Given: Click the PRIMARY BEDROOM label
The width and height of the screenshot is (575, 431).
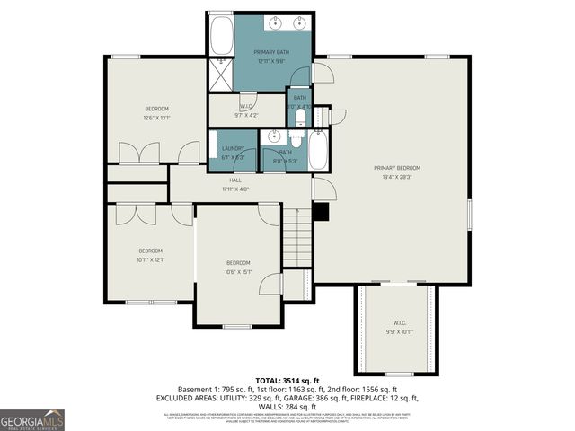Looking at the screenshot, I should point(396,168).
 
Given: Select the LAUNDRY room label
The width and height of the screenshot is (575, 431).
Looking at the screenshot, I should point(233,148).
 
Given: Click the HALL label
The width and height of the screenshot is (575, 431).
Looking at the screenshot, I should point(234,180).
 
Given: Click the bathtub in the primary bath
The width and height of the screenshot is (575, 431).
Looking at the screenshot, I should point(221,38).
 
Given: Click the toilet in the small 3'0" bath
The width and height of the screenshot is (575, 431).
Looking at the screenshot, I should point(299,114).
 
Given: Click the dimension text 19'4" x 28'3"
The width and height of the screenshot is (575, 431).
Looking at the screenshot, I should point(396,177).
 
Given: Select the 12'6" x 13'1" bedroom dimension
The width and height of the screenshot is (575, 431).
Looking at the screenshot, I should point(156,118).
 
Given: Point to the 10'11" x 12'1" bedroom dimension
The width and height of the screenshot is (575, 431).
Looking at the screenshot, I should point(150,259).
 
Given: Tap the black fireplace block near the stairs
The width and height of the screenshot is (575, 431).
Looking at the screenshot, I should point(321,213).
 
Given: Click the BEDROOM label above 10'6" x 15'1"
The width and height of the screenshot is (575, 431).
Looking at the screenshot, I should point(237,263).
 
